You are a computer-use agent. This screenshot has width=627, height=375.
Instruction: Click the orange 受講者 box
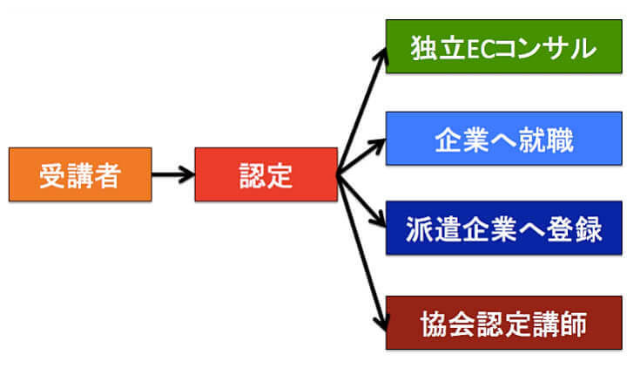point(79,174)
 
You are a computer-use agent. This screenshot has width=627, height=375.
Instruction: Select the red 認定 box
point(266,174)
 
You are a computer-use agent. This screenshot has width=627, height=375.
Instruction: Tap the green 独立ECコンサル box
point(502,46)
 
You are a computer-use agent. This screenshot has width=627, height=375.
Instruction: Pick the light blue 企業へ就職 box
point(502,139)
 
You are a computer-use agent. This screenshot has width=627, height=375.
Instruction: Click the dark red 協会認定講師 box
point(502,323)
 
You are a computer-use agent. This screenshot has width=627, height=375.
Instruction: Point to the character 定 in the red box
point(280,175)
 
